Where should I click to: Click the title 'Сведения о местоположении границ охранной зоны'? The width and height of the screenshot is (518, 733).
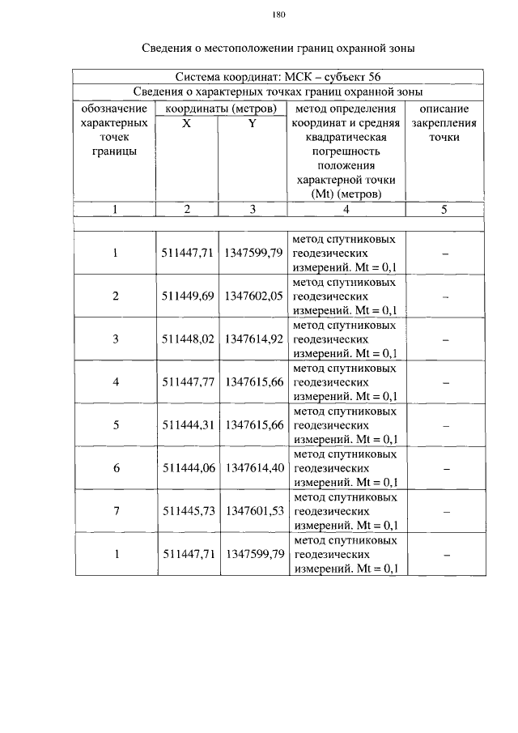tap(279, 49)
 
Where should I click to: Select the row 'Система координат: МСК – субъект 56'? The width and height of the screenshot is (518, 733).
tap(279, 78)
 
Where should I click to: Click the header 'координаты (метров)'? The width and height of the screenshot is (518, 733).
tap(219, 109)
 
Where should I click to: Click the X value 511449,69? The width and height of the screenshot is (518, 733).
tap(187, 296)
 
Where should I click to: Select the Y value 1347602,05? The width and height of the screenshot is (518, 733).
tap(253, 296)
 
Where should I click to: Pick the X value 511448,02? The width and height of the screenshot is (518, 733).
tap(187, 339)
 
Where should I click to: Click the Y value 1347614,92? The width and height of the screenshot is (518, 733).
tap(253, 339)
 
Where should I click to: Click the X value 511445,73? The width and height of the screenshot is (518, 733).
tap(187, 511)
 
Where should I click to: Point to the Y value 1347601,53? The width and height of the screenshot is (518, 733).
tap(253, 511)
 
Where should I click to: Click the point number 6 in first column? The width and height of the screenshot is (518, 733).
tap(116, 468)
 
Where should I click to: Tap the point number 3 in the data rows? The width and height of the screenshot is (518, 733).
tap(116, 339)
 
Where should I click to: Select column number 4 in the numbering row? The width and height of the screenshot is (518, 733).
tap(346, 209)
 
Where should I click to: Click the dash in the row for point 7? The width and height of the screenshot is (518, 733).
tap(445, 512)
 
